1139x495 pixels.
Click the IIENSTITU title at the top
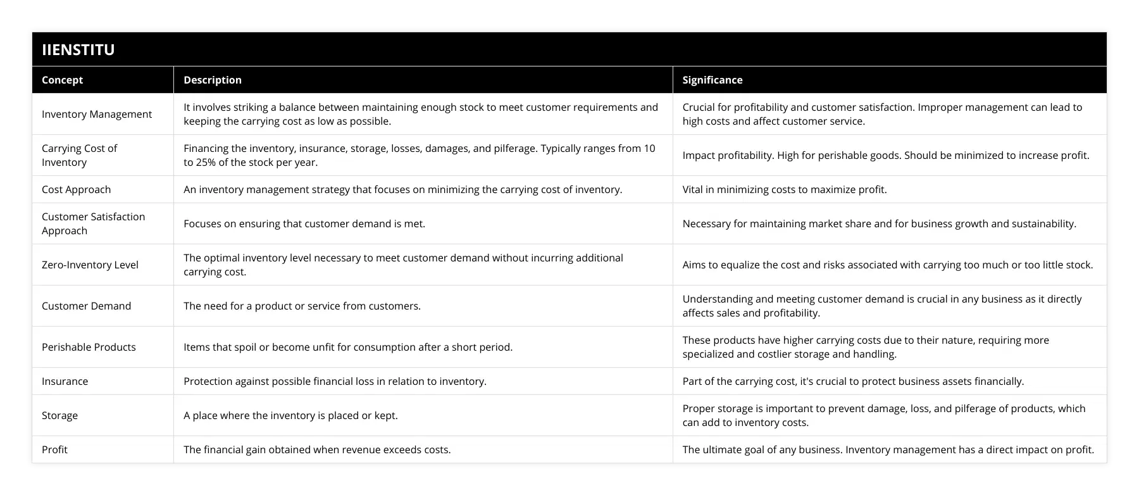tap(78, 49)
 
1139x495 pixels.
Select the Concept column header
tap(62, 80)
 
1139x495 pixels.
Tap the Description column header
tap(213, 80)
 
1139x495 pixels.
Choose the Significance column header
tap(713, 80)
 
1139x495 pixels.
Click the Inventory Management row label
tap(97, 114)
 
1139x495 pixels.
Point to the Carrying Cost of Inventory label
tap(80, 155)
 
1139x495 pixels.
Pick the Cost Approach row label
tap(76, 189)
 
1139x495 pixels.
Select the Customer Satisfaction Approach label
tap(93, 223)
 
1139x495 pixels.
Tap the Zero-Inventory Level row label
tap(90, 265)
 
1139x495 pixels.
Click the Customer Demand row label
tap(87, 306)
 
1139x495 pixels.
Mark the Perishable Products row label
tap(89, 347)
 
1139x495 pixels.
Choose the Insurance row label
tap(65, 381)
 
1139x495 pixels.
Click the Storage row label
tap(59, 415)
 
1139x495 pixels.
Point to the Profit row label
tap(54, 449)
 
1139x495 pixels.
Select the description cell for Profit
tap(317, 449)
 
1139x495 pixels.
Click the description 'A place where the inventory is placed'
tap(290, 415)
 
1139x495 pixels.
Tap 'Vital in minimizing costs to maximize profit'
tap(785, 189)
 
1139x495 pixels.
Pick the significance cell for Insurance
tap(853, 381)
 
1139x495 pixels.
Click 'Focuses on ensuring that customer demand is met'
tap(304, 223)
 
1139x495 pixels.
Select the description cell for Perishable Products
tap(348, 347)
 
